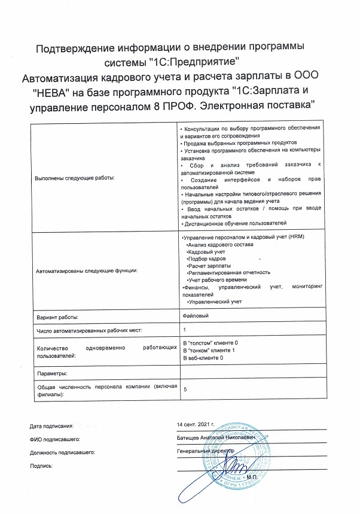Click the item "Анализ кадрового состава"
pyautogui.click(x=220, y=245)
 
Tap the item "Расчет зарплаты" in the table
pyautogui.click(x=209, y=265)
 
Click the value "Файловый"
pyautogui.click(x=195, y=315)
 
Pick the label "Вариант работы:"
pyautogui.click(x=58, y=317)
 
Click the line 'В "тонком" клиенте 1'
pyautogui.click(x=209, y=350)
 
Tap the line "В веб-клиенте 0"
pyautogui.click(x=203, y=358)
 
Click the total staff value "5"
pyautogui.click(x=185, y=389)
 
